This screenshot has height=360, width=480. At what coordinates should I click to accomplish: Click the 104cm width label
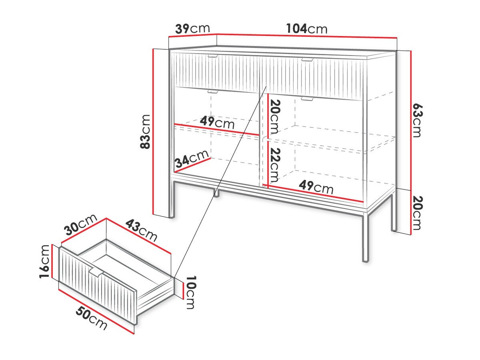tap(306, 29)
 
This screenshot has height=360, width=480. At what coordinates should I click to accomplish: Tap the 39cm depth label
tap(192, 29)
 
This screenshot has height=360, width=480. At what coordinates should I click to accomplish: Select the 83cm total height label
tap(145, 132)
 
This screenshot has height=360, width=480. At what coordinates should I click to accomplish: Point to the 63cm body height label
tap(418, 120)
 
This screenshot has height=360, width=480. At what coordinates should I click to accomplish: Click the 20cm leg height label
tap(418, 213)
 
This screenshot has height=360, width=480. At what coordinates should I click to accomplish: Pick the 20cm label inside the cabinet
tap(275, 117)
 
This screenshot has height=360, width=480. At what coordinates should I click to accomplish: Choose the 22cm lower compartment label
tap(275, 165)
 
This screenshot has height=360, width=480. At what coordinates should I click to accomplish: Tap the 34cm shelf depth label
tap(192, 158)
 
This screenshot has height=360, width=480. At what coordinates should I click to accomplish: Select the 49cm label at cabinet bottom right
tap(316, 187)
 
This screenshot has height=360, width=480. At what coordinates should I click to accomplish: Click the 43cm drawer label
tap(141, 231)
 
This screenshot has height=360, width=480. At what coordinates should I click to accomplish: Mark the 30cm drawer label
tap(80, 224)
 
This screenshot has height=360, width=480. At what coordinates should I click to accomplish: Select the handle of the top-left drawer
tap(212, 56)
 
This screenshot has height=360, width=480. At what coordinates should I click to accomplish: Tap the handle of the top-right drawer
tap(308, 60)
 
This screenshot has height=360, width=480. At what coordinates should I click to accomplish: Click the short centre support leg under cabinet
tap(216, 193)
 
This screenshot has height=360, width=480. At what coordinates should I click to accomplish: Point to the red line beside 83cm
tap(154, 131)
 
